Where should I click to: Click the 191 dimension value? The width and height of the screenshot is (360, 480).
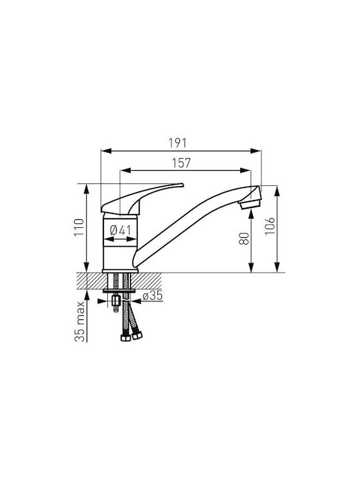coord(177,143)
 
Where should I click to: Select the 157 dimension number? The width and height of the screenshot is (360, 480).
coord(181,163)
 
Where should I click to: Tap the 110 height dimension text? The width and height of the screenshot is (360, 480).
coord(79,227)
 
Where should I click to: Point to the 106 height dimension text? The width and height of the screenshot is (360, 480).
coord(270,226)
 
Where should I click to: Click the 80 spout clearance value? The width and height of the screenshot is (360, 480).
coord(244,239)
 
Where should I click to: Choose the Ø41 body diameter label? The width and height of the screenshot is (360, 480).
coord(120,230)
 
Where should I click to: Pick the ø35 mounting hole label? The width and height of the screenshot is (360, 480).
coord(153,296)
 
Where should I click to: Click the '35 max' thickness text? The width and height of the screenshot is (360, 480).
coord(80,321)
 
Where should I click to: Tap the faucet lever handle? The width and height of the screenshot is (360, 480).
coord(142,199)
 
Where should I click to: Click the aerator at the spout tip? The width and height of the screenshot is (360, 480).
coord(251,204)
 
